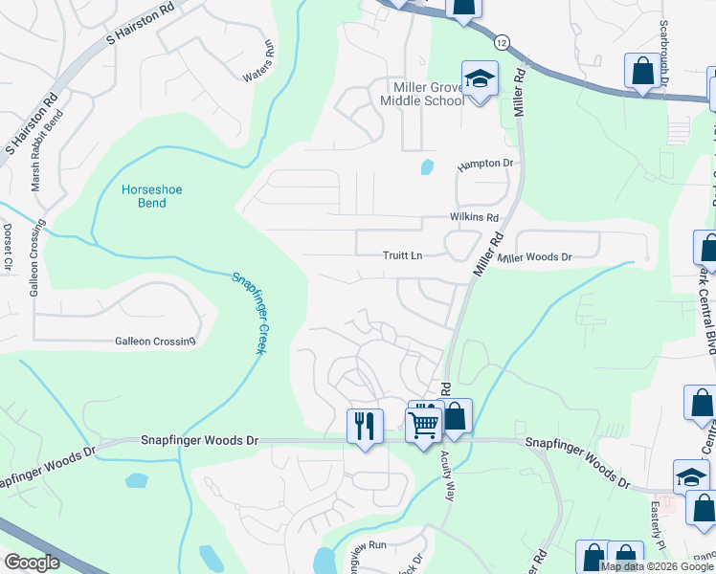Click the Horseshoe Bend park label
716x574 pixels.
pyautogui.click(x=151, y=196)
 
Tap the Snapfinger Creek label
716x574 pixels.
pyautogui.click(x=248, y=313)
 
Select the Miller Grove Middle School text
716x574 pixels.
pyautogui.click(x=422, y=93)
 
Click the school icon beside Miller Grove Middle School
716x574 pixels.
pyautogui.click(x=480, y=78)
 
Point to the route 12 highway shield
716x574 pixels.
pyautogui.click(x=502, y=42)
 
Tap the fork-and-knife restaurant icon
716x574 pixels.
pyautogui.click(x=365, y=426)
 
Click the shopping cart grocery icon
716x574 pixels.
pyautogui.click(x=423, y=424)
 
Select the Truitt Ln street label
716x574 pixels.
pyautogui.click(x=402, y=255)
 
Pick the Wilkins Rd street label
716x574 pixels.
pyautogui.click(x=475, y=217)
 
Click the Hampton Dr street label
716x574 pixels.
pyautogui.click(x=485, y=164)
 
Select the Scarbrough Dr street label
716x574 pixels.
pyautogui.click(x=662, y=54)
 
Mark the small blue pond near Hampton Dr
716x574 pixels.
pyautogui.click(x=426, y=167)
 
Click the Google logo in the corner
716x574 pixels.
pyautogui.click(x=32, y=563)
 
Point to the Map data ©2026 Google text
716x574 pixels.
pyautogui.click(x=657, y=566)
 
